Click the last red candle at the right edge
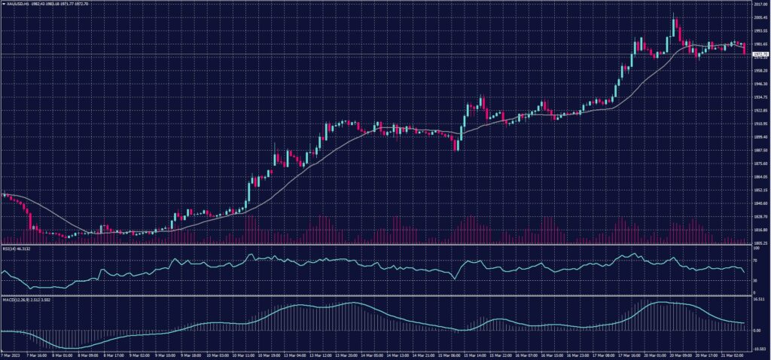point(744,49)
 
